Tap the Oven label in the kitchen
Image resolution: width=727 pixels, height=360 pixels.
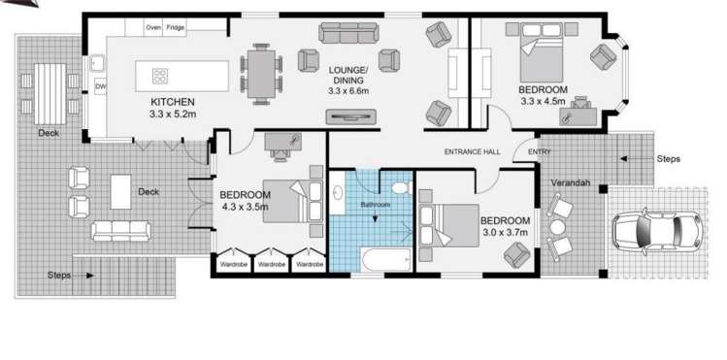pos(153,28)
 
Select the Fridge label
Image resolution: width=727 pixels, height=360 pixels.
pos(176,28)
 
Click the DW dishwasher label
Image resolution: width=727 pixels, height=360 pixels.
pos(100,88)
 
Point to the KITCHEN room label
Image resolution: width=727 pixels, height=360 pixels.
pos(174,102)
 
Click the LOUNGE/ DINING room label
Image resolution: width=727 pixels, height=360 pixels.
pos(348,76)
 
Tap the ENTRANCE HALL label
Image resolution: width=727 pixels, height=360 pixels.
pos(472,152)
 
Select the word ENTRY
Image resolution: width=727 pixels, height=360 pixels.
pos(539,152)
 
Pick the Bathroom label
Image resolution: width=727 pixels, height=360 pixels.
pos(376,206)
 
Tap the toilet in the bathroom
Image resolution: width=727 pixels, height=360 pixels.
pos(399,186)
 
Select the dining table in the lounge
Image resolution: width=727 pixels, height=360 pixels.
pos(261,74)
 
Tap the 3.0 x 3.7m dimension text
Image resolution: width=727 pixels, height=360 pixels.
pos(506,233)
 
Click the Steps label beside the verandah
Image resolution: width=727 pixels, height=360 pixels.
pos(668,158)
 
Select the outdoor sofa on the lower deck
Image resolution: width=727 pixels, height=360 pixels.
pos(120,231)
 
